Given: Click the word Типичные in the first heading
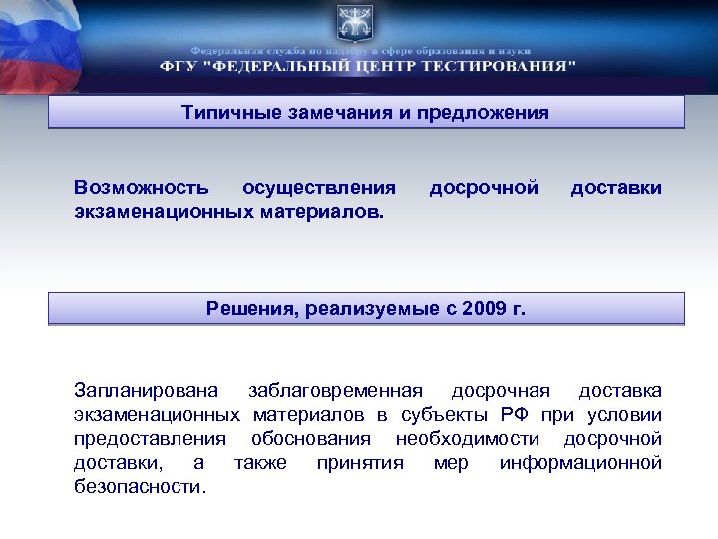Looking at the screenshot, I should pyautogui.click(x=224, y=112).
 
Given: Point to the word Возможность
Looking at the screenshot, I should pyautogui.click(x=142, y=187).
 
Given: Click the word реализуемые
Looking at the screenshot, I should pyautogui.click(x=368, y=308).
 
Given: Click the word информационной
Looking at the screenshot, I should pyautogui.click(x=580, y=463).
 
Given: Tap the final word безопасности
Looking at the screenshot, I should pyautogui.click(x=141, y=488).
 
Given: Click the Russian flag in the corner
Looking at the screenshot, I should pyautogui.click(x=35, y=40).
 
